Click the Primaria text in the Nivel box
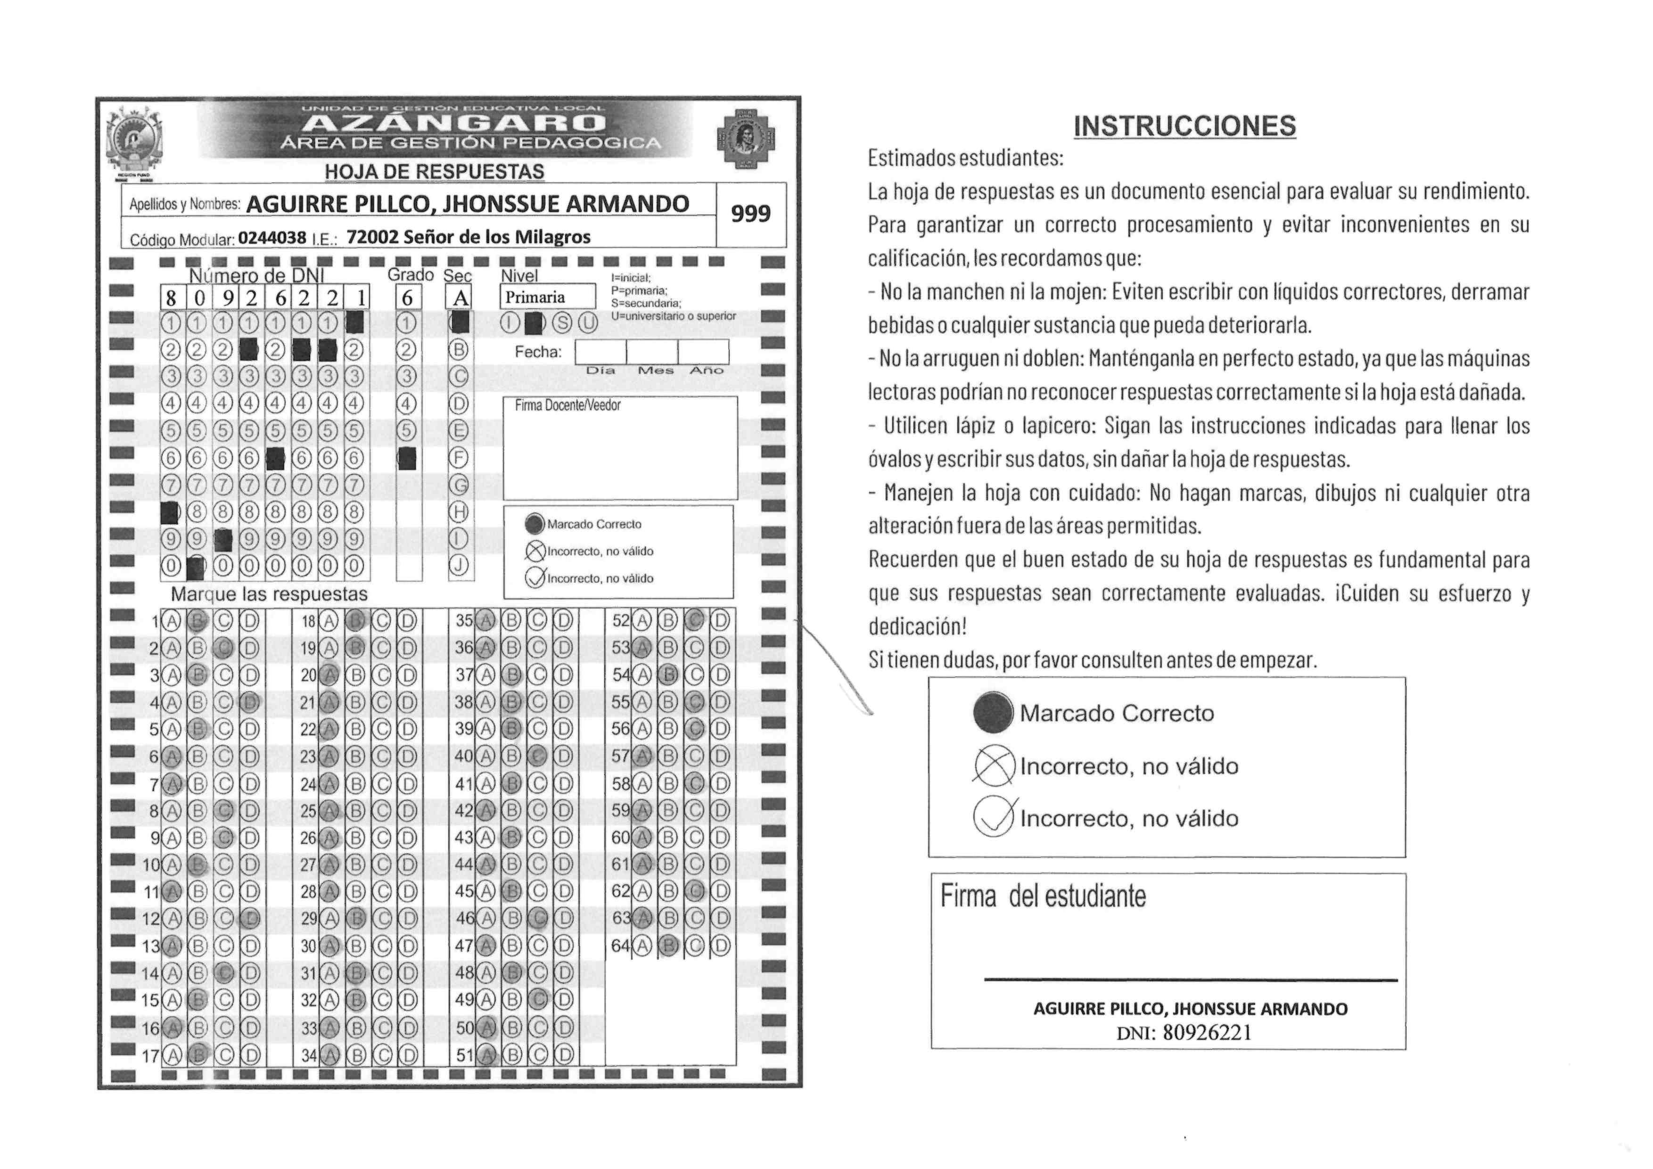tap(535, 297)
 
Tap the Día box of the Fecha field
tap(600, 352)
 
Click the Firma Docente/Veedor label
tap(567, 406)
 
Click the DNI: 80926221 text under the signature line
tap(1184, 1033)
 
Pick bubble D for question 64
tap(721, 945)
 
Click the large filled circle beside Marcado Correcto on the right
tap(994, 713)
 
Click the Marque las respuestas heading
tap(269, 594)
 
